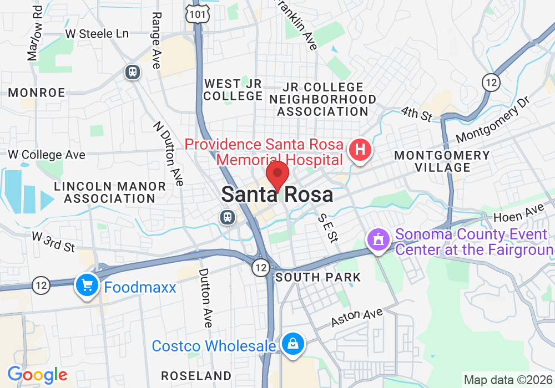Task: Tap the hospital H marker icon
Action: pyautogui.click(x=360, y=149)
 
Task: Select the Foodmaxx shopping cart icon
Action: pyautogui.click(x=87, y=285)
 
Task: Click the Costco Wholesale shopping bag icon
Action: pyautogui.click(x=292, y=344)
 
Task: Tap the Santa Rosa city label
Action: pyautogui.click(x=277, y=195)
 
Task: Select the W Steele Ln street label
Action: pyautogui.click(x=97, y=33)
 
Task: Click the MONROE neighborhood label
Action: pyautogui.click(x=37, y=93)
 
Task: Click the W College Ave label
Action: pyautogui.click(x=47, y=155)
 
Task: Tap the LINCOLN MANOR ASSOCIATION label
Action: pyautogui.click(x=109, y=192)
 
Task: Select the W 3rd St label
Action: pyautogui.click(x=53, y=242)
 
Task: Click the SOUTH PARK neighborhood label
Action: pyautogui.click(x=318, y=277)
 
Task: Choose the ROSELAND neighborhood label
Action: pyautogui.click(x=196, y=375)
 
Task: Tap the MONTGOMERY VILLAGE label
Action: pyautogui.click(x=442, y=161)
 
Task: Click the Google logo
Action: pyautogui.click(x=37, y=375)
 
